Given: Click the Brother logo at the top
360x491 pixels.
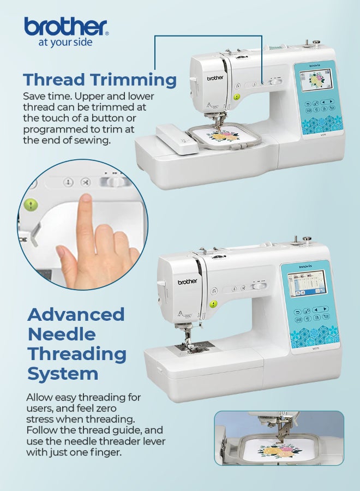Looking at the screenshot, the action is (66, 27).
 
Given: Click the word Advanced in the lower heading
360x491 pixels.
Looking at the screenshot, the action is (76, 314).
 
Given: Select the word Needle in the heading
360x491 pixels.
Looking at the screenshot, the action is (62, 334).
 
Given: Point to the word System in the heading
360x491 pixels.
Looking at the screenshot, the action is (63, 374).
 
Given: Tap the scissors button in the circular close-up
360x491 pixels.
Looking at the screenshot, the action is (85, 182).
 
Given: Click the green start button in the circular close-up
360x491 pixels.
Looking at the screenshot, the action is (31, 205).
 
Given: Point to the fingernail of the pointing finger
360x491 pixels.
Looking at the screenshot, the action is (86, 199).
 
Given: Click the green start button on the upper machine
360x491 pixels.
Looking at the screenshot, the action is (237, 97).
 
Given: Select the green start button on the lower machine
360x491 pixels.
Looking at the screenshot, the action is (213, 304).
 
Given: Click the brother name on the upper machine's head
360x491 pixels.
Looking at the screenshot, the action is (215, 77).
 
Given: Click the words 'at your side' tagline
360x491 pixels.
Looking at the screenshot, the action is (65, 42).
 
